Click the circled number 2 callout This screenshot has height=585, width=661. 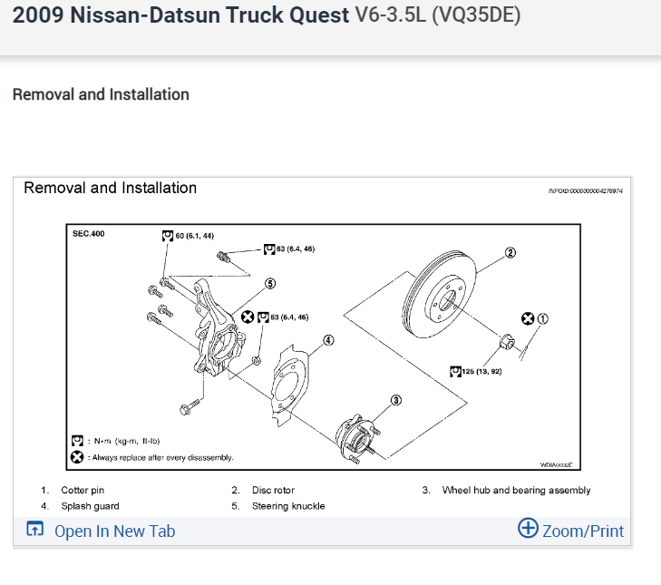click(510, 252)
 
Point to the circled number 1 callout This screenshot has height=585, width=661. click(543, 318)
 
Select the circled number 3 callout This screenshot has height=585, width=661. click(395, 400)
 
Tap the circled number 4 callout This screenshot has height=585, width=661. click(328, 341)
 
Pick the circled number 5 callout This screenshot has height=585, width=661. click(269, 283)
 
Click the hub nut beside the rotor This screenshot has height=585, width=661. click(508, 342)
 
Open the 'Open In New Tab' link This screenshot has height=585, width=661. click(114, 531)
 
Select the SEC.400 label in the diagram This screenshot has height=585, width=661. click(88, 235)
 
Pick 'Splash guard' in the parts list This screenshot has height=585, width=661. click(90, 506)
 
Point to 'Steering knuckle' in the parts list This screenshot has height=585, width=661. click(288, 506)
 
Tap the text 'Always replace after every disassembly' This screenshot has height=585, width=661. click(162, 458)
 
